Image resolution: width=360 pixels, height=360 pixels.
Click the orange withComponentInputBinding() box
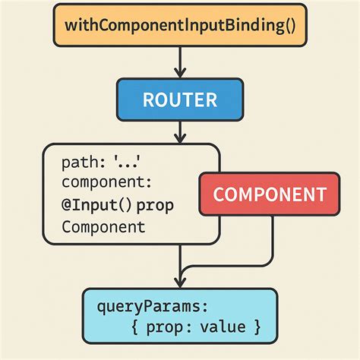click(180, 25)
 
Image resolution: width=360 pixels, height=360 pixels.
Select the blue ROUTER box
click(180, 99)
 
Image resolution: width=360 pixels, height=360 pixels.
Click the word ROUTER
click(180, 99)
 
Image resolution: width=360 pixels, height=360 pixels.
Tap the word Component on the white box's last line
click(103, 226)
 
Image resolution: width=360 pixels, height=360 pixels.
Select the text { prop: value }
click(196, 327)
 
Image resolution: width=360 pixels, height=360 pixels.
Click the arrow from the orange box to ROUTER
click(180, 61)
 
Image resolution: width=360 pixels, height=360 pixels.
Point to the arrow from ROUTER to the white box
click(180, 132)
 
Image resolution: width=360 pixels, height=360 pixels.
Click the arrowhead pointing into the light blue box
click(180, 283)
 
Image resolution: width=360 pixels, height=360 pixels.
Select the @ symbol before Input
click(69, 204)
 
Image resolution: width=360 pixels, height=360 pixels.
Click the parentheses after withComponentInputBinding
click(286, 25)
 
